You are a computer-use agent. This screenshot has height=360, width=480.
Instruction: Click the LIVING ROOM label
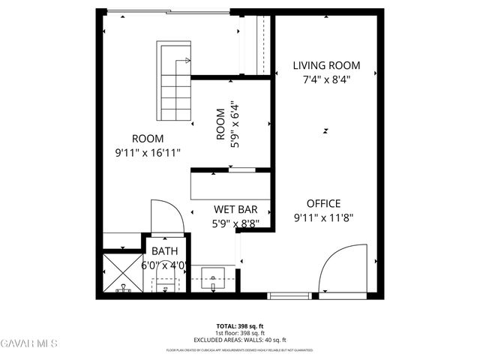pos(326,65)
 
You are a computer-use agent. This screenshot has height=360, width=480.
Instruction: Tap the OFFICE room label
pos(323,203)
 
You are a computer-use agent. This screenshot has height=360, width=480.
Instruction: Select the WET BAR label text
pos(236,209)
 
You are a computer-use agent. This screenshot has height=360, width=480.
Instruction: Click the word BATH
pos(164,251)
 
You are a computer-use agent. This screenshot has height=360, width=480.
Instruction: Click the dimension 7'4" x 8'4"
pos(326,79)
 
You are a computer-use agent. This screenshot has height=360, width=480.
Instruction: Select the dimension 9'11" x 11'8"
pos(323,217)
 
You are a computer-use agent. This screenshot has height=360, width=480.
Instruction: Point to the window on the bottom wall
pos(291,295)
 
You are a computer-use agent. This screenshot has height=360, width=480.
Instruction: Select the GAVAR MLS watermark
pos(29,343)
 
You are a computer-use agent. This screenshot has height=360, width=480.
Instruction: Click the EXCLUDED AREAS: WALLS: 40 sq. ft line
pos(240,340)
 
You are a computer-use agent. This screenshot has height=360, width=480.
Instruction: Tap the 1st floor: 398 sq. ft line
pos(240,333)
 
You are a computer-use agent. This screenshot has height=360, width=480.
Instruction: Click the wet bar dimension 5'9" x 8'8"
pos(236,223)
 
